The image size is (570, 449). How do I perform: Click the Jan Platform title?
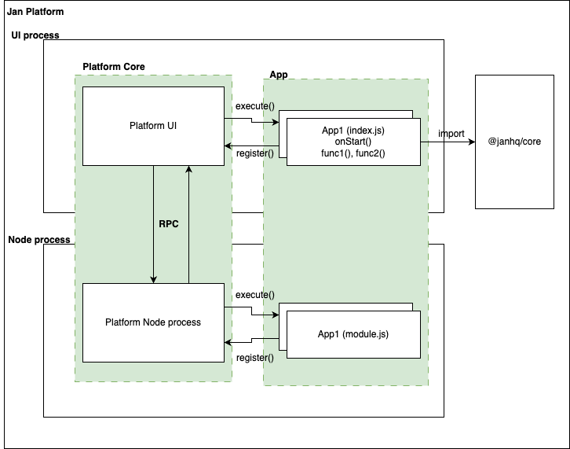[x=35, y=13]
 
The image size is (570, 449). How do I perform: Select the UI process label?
[x=35, y=35]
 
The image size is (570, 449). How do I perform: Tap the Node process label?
[x=39, y=240]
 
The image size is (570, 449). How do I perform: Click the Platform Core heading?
[x=114, y=67]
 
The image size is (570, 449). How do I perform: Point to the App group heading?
[x=278, y=73]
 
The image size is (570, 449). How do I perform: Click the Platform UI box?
[x=153, y=126]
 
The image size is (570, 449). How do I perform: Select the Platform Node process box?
[x=153, y=322]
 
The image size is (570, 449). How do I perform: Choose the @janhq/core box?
[x=514, y=142]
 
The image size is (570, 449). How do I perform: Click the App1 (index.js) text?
[x=353, y=130]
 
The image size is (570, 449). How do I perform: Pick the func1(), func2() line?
[x=353, y=153]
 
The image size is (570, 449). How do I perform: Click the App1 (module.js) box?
[x=353, y=334]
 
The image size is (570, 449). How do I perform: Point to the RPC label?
[x=169, y=224]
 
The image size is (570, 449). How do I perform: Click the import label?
[x=451, y=134]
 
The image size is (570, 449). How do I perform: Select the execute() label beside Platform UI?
[x=254, y=106]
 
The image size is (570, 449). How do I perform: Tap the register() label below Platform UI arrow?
[x=254, y=153]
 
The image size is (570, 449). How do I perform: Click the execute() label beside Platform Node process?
[x=254, y=295]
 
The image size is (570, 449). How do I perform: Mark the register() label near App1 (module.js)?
[x=254, y=358]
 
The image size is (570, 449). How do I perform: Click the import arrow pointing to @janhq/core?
[x=455, y=143]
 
